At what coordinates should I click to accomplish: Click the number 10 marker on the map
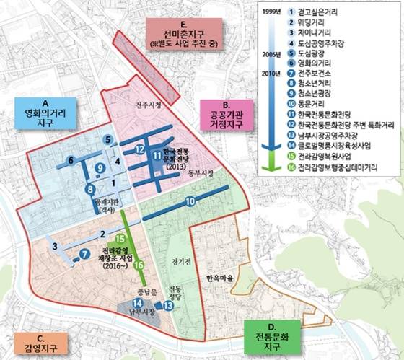[190, 203]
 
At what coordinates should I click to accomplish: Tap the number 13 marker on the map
[168, 306]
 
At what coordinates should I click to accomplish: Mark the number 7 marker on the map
[84, 254]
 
